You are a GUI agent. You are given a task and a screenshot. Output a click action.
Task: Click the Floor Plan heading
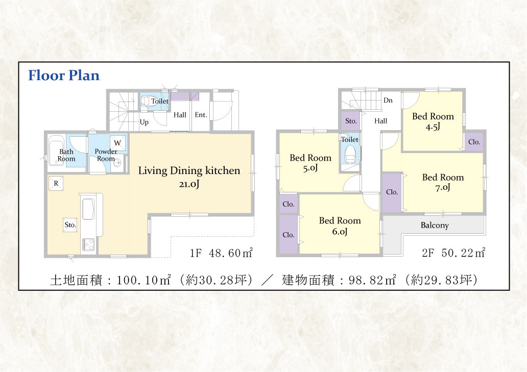coord(64,76)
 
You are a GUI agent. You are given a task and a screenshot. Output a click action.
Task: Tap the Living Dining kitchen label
coord(189,170)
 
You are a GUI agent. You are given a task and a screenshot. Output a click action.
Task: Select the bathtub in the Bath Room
coord(57,151)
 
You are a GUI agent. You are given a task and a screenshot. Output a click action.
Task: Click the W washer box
coord(117,143)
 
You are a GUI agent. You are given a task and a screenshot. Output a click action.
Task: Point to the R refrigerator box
coord(56,183)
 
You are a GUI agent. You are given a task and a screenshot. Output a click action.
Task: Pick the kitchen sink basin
coord(88,209)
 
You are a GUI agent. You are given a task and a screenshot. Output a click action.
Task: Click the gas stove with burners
coord(89,244)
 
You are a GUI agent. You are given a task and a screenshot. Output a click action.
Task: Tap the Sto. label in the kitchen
coord(70,225)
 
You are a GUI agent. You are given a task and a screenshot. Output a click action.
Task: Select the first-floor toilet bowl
coord(148,101)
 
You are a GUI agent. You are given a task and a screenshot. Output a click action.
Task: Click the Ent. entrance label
coord(201,115)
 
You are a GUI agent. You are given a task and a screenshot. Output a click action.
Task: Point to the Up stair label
coord(144,122)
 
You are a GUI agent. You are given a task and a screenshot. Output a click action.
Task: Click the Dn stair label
coord(388,100)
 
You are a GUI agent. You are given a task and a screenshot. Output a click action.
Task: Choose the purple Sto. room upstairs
coord(351,121)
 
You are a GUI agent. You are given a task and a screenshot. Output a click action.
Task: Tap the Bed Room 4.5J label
coord(433,121)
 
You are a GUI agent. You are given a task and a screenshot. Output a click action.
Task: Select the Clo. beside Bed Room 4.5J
coord(474,142)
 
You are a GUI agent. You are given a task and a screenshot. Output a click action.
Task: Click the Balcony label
coord(435,225)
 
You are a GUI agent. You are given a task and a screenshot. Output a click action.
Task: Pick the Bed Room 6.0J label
coord(340,226)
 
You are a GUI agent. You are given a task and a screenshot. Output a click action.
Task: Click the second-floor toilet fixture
coord(350,155)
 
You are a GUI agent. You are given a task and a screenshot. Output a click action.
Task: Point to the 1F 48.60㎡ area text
coord(221,253)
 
